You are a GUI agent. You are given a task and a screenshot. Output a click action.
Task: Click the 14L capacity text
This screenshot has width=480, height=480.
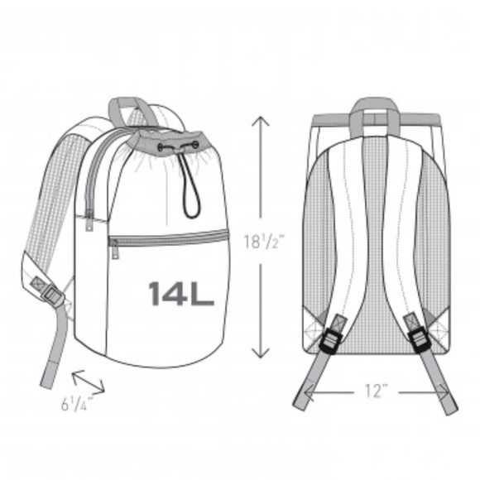click(x=181, y=294)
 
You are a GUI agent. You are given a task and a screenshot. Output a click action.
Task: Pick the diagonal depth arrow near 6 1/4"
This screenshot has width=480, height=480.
click(x=89, y=382)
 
